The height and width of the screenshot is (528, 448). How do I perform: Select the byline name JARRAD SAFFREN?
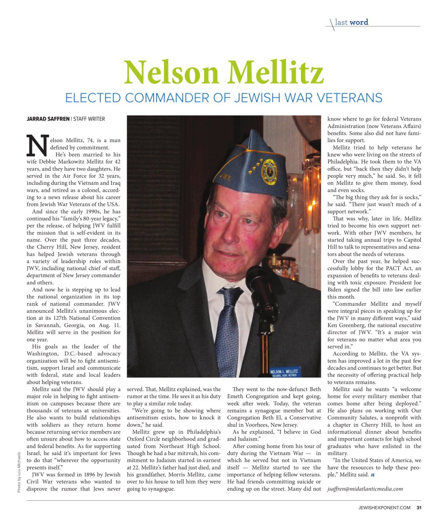pyautogui.click(x=48, y=119)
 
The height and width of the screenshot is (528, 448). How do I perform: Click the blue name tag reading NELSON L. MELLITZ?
pyautogui.click(x=284, y=372)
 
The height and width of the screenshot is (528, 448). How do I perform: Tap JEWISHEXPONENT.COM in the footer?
pyautogui.click(x=384, y=507)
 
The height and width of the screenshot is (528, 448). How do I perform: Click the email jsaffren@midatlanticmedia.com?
pyautogui.click(x=365, y=489)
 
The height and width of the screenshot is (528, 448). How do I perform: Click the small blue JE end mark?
pyautogui.click(x=372, y=475)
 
